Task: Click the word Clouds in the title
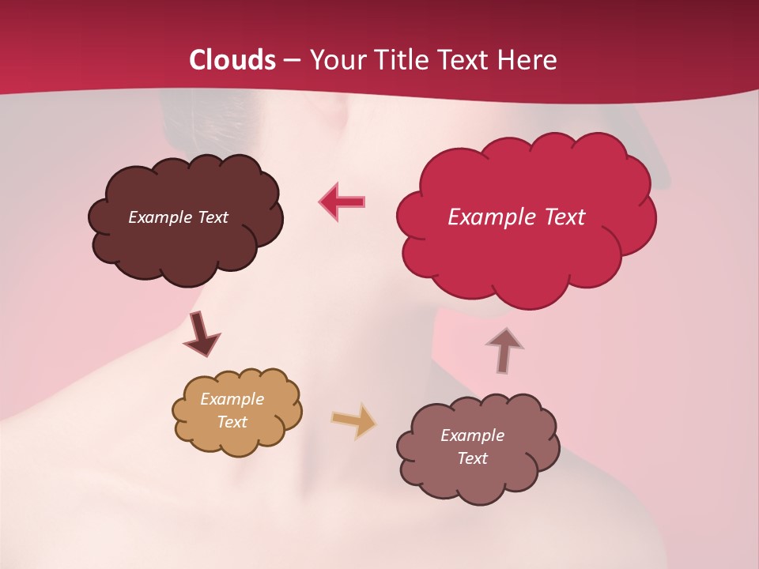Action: (x=232, y=60)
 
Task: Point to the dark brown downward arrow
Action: (x=201, y=333)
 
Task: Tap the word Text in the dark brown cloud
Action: (x=213, y=217)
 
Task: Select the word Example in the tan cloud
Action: (x=232, y=399)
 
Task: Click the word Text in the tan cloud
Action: (x=232, y=422)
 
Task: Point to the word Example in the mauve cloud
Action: (x=472, y=435)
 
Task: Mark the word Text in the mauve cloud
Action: (x=473, y=458)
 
